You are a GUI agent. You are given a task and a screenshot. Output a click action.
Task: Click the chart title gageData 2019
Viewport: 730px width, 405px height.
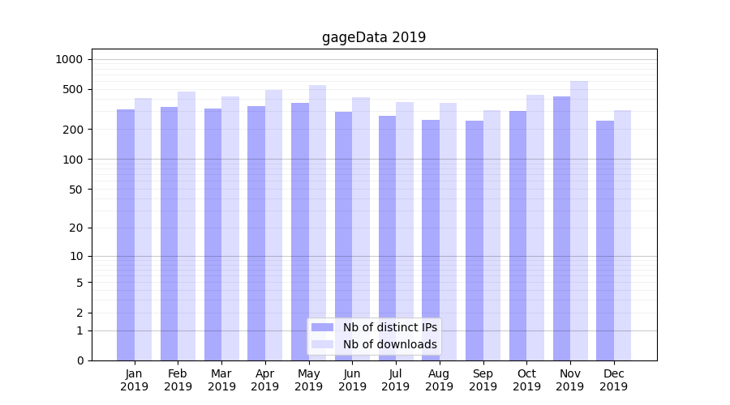click(373, 37)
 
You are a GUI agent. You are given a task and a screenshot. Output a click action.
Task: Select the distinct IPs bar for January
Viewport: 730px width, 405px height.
click(126, 235)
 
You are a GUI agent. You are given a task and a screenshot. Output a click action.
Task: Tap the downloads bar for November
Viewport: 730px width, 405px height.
click(579, 220)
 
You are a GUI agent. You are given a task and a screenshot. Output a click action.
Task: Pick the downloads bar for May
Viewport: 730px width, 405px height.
click(317, 223)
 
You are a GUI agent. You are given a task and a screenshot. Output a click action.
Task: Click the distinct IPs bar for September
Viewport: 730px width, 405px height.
click(474, 241)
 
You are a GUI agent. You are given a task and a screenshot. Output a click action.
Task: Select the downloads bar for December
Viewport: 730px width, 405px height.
click(622, 235)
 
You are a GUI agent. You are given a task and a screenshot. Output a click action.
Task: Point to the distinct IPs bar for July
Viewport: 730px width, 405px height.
click(387, 238)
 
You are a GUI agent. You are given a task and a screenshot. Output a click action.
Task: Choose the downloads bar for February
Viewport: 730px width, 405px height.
click(187, 226)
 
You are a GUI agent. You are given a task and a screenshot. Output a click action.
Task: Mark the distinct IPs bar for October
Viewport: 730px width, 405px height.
click(517, 236)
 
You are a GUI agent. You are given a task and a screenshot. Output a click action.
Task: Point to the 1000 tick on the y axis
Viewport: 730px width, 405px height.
click(69, 59)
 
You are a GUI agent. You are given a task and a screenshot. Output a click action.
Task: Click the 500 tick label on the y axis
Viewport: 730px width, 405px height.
click(73, 89)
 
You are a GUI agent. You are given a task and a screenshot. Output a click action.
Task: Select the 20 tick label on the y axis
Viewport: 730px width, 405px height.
click(76, 228)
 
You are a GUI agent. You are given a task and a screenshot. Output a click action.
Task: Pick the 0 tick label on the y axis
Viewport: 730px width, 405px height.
click(79, 360)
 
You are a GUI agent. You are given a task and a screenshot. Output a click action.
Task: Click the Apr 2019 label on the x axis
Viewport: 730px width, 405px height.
click(265, 380)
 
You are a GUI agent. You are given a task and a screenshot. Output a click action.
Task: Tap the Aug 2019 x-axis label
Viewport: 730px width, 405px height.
click(439, 380)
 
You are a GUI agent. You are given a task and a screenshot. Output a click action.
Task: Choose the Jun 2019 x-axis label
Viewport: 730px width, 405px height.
click(352, 380)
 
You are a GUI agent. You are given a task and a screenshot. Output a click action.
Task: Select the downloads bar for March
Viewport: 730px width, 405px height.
click(230, 228)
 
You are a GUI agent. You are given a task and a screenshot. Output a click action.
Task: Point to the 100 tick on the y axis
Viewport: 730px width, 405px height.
click(73, 159)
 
